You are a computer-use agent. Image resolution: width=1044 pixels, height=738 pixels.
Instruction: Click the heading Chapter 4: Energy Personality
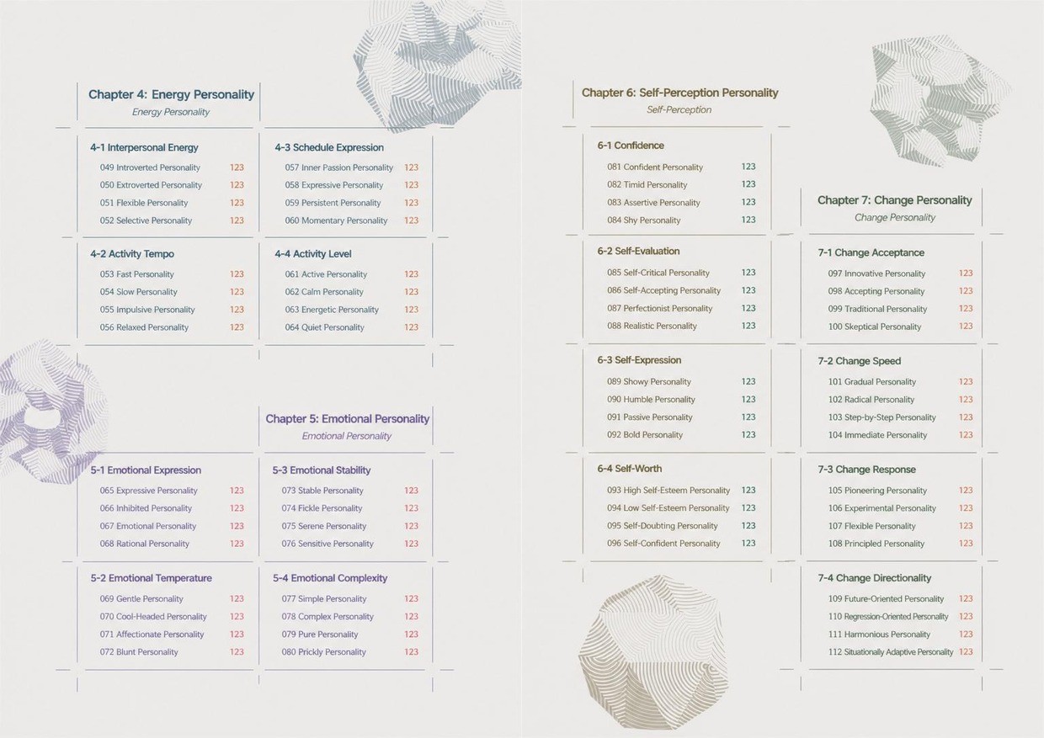tap(171, 94)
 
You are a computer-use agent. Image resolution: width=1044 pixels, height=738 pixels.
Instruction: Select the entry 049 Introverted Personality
tap(150, 167)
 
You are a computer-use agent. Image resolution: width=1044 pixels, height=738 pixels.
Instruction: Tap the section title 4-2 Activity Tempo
tap(132, 254)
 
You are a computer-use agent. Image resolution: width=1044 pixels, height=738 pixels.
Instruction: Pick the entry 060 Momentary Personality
tap(336, 220)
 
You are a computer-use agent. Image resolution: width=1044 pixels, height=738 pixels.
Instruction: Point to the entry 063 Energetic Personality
tap(332, 310)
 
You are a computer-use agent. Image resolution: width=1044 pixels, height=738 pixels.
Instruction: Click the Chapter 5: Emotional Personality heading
tap(347, 418)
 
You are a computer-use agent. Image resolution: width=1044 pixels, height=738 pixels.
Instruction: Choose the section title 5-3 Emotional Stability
tap(322, 470)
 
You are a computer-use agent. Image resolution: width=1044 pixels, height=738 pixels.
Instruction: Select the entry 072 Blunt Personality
tap(138, 652)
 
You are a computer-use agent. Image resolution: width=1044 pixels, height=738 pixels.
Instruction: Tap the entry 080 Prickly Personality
tap(323, 652)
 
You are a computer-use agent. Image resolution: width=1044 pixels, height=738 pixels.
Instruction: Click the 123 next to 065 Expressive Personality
tap(237, 490)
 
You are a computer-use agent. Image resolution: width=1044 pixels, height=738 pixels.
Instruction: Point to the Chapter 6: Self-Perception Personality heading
tap(679, 93)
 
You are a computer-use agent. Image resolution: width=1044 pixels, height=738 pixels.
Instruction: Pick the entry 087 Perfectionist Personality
tap(659, 308)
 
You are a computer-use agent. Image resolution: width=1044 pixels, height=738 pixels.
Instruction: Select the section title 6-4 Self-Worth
tap(629, 468)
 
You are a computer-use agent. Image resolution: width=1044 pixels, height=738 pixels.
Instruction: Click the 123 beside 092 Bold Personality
tap(748, 434)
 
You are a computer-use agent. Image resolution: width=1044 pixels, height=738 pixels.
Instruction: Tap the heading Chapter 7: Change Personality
tap(894, 200)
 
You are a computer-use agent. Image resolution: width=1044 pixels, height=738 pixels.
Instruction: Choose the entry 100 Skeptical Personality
tap(874, 327)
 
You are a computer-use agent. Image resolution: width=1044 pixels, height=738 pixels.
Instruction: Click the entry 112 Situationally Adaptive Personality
tap(890, 652)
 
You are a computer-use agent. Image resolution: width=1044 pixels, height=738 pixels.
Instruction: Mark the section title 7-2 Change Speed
tap(859, 361)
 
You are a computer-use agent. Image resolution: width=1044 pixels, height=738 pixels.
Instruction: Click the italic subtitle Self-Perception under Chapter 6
tap(679, 110)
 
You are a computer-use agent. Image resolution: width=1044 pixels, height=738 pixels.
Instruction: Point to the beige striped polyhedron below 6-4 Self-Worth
tap(652, 652)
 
